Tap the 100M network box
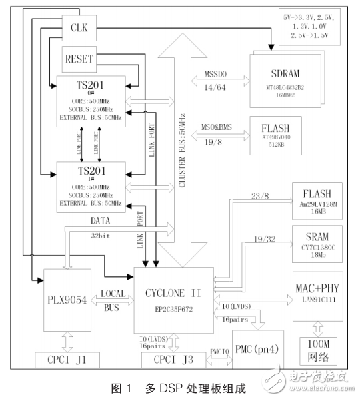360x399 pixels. [x=319, y=352]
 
